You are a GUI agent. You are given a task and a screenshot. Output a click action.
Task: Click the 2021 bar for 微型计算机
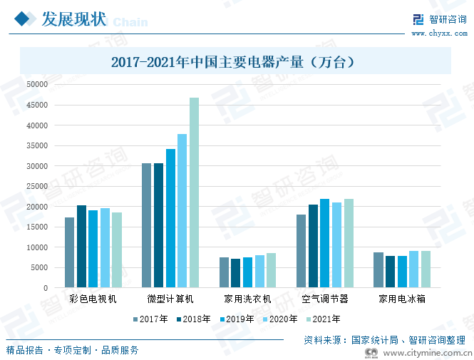194,192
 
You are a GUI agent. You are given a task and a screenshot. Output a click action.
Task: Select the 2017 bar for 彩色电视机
69,252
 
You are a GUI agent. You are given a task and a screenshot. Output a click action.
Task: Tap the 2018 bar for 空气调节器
313,246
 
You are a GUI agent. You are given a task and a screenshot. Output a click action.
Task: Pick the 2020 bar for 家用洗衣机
259,272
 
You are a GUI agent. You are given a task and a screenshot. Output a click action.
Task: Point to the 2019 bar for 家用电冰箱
402,272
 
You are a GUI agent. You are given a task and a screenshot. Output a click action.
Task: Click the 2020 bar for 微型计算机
182,211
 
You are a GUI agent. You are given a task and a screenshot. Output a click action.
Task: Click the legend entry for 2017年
149,319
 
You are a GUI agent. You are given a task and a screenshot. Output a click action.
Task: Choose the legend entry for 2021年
322,319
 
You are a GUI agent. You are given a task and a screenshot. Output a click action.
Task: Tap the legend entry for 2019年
236,319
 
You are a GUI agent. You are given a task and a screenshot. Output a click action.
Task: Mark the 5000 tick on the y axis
38,267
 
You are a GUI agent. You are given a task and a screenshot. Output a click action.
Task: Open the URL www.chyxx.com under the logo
438,33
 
